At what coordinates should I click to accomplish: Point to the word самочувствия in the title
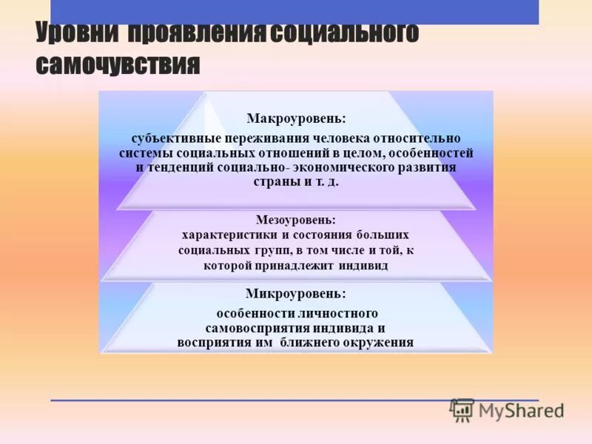coord(118,65)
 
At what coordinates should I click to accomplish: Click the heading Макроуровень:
coord(296,118)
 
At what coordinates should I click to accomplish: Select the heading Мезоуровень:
coord(295,220)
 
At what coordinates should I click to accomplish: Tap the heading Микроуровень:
coord(295,294)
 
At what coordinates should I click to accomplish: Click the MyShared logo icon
coord(462,410)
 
